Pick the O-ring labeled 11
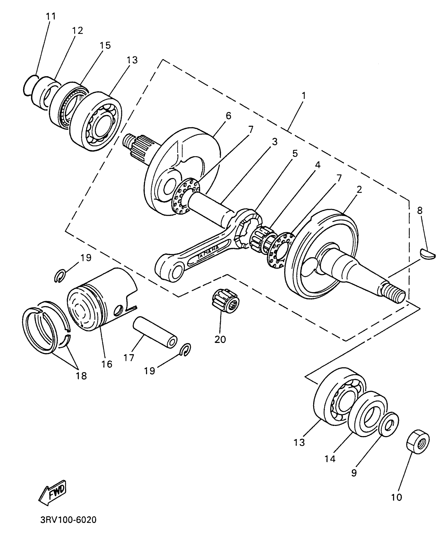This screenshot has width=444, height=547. coord(29,85)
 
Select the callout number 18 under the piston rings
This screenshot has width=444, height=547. coord(81,376)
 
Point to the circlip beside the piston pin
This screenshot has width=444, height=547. coord(186,349)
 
